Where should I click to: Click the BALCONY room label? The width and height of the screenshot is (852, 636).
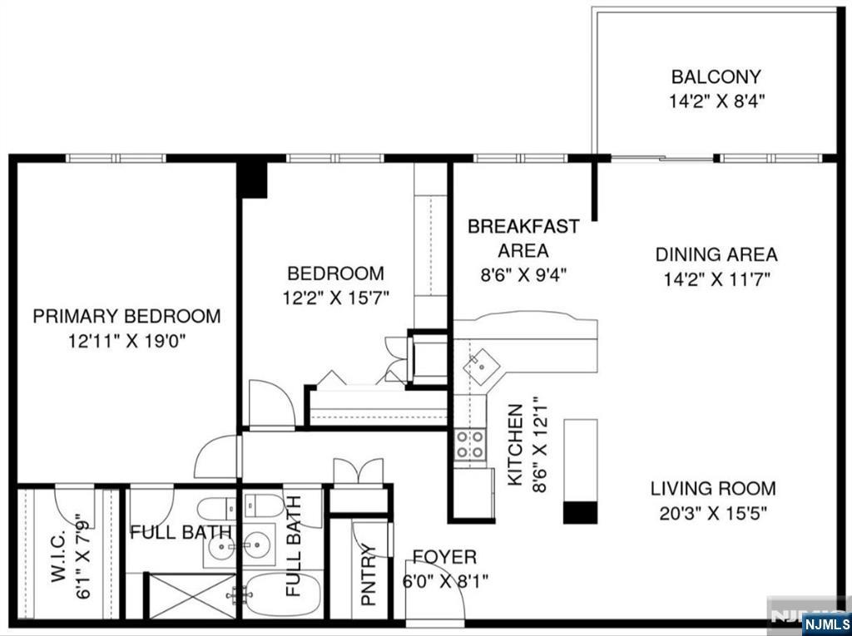tap(716, 77)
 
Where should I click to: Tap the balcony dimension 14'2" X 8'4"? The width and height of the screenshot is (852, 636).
tap(716, 102)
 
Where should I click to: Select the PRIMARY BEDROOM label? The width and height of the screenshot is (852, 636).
tap(126, 316)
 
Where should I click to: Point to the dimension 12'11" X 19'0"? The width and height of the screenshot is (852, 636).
tap(126, 340)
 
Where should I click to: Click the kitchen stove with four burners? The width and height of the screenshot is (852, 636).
tap(470, 445)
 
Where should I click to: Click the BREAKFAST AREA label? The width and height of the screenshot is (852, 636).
tap(523, 238)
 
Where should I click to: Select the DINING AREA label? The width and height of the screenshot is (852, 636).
tap(716, 254)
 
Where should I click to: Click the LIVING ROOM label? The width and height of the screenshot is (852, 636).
tap(712, 489)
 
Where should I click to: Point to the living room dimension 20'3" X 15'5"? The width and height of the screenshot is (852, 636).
tap(712, 513)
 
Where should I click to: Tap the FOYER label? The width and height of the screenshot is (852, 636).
tap(445, 557)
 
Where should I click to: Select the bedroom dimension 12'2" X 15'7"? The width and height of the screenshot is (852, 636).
tap(335, 297)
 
